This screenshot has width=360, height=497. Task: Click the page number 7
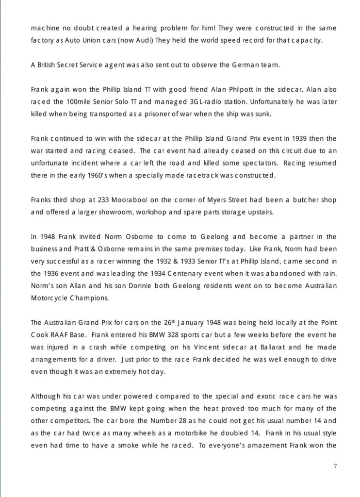335,466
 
